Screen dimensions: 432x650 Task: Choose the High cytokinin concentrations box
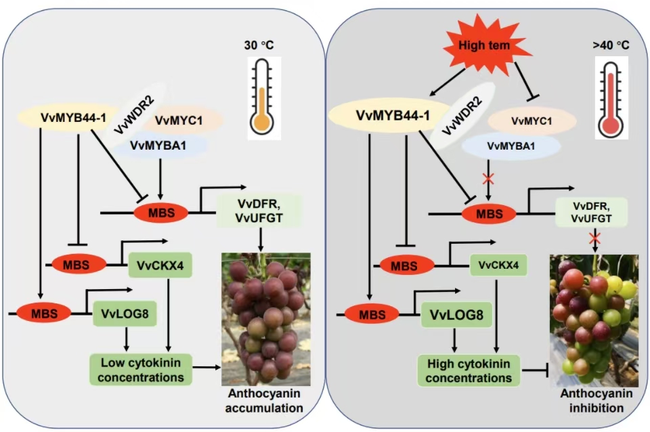click(x=469, y=368)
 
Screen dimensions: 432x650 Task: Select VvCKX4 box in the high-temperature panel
click(x=499, y=265)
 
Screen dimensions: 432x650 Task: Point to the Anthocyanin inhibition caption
click(x=593, y=401)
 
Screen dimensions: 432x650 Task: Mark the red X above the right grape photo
click(x=594, y=238)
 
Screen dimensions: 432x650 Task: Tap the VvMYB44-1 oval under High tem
click(x=393, y=116)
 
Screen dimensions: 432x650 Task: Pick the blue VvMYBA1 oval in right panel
click(x=511, y=146)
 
